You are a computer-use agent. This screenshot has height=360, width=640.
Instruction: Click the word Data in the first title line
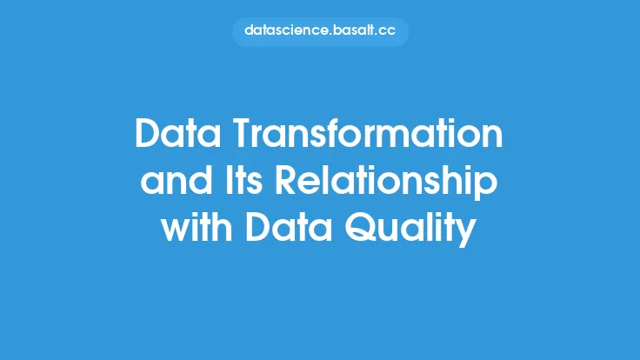click(x=178, y=133)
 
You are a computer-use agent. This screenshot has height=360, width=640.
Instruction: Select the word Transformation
click(x=368, y=133)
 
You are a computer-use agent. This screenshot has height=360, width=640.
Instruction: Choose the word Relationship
click(x=386, y=183)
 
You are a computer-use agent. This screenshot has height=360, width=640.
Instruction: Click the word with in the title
click(x=197, y=226)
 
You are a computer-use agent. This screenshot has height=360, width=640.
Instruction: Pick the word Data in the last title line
click(x=288, y=226)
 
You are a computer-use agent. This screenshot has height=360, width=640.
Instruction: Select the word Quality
click(x=410, y=229)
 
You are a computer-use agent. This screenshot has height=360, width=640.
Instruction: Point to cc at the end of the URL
click(x=387, y=32)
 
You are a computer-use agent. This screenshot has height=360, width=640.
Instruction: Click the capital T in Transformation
click(x=244, y=133)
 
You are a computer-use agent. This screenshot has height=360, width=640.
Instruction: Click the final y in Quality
click(x=466, y=233)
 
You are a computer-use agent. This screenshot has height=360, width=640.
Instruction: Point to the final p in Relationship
click(x=487, y=186)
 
